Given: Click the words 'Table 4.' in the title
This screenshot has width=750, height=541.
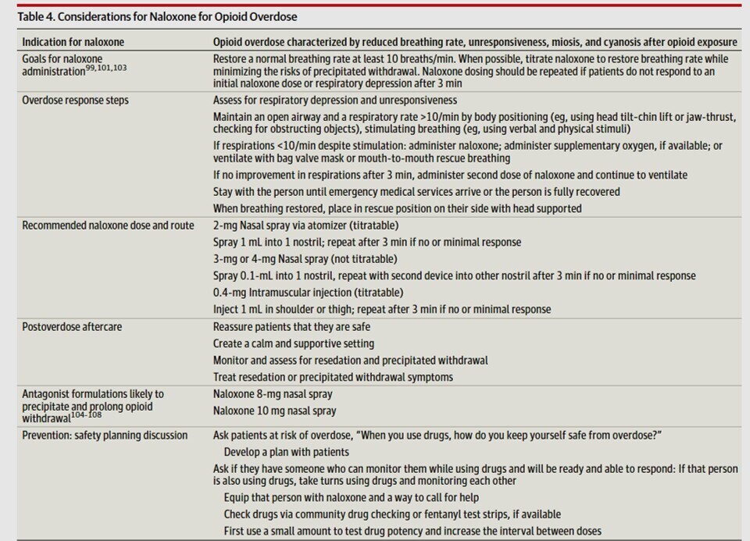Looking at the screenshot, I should click(x=37, y=16).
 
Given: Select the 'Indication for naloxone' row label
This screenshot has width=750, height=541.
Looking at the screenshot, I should click(x=73, y=41).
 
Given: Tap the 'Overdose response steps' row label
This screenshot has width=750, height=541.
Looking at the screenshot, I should click(x=75, y=101).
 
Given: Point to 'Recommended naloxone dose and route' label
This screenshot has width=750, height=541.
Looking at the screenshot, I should click(x=109, y=226).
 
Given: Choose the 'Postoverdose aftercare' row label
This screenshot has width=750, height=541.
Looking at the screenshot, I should click(x=71, y=326).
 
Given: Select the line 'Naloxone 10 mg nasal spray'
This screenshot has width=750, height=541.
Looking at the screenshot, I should click(x=276, y=410).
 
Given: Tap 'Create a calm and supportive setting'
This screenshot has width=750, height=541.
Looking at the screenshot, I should click(x=293, y=343).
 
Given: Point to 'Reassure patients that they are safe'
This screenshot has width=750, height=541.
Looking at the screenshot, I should click(x=291, y=326).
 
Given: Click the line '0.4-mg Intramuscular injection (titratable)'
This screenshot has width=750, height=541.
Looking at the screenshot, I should click(x=308, y=293).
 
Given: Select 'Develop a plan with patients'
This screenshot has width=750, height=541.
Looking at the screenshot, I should click(x=286, y=452).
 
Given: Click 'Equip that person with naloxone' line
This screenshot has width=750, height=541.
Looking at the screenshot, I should click(x=351, y=497).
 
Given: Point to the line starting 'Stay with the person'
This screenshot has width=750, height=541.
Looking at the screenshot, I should click(x=416, y=192).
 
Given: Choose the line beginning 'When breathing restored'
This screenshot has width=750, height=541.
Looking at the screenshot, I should click(x=397, y=208).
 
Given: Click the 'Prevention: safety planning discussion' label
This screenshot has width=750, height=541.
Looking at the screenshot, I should click(x=105, y=435).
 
